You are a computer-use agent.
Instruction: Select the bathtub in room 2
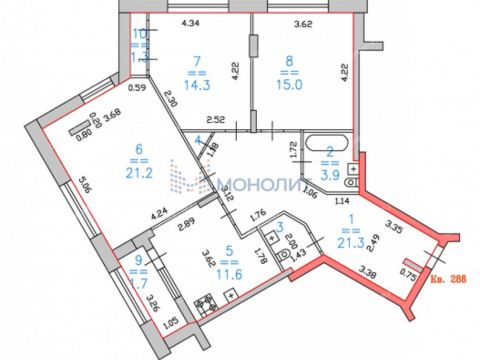click(326, 141)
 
